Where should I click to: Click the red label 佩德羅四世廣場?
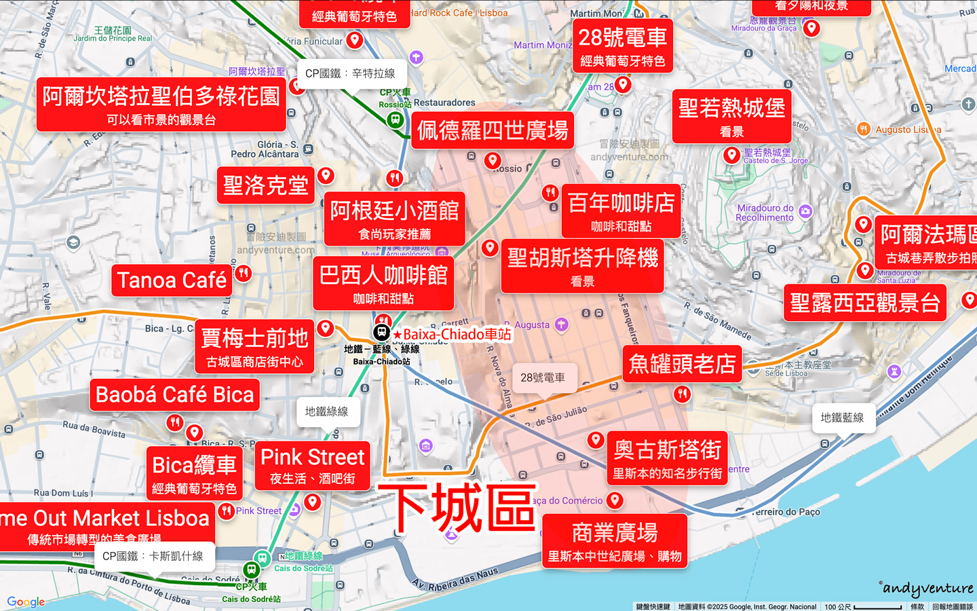coord(493,130)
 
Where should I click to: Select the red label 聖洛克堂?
coord(266,185)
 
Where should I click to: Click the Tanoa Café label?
coord(172,280)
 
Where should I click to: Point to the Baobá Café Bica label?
coord(174,395)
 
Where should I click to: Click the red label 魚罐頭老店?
coord(682,364)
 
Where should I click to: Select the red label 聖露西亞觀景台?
coord(865,303)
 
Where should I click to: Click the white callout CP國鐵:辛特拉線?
coord(350,73)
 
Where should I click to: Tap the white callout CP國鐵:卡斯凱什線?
coord(153,557)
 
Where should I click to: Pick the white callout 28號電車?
coord(542,377)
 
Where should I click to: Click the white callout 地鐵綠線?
coord(326,411)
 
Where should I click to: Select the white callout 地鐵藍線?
coord(842,418)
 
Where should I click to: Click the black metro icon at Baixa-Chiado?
coord(381,332)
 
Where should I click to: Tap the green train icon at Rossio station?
coord(395,119)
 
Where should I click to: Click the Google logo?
coord(26,601)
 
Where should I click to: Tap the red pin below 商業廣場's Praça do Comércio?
coord(615,500)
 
